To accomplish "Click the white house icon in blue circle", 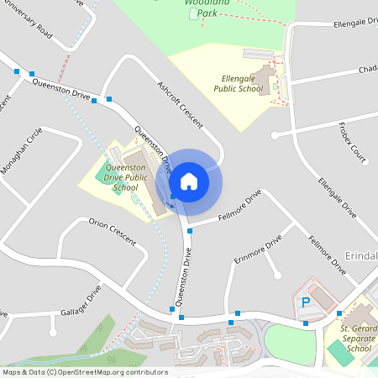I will [189, 181].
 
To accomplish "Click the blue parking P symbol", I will [307, 302].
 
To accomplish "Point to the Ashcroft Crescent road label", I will [180, 104].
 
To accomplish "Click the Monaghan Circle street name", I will [22, 151].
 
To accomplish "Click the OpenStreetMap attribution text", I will [84, 372].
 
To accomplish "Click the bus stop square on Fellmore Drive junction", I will [191, 230].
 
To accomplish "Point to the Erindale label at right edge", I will [361, 254].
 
